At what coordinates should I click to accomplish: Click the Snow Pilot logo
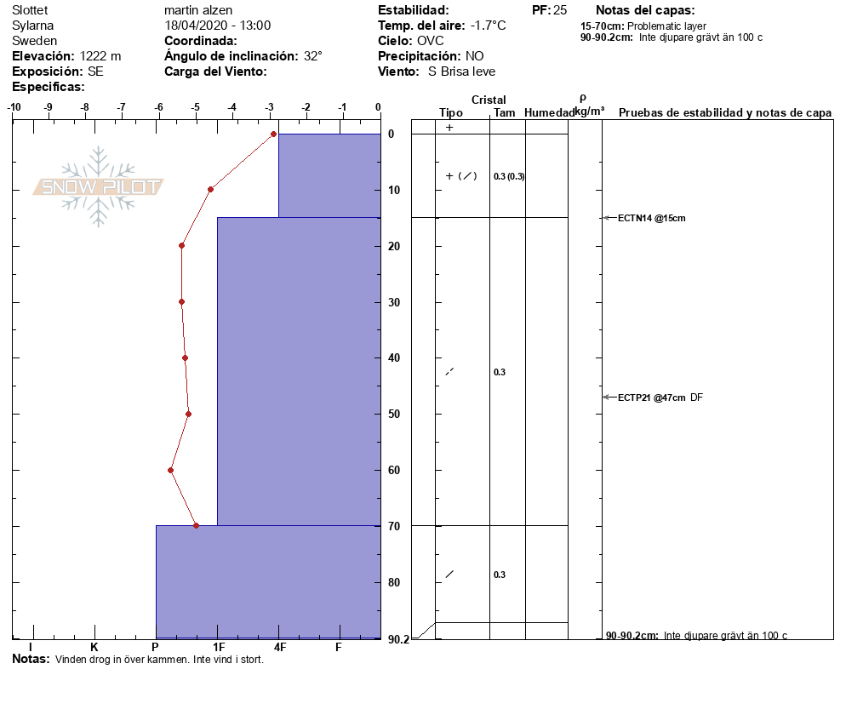click(x=99, y=186)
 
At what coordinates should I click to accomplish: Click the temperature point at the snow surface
click(x=273, y=134)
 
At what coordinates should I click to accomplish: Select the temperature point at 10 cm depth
click(x=210, y=189)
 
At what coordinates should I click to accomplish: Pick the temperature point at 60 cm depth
click(x=171, y=470)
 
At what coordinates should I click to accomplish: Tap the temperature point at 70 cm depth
click(x=197, y=525)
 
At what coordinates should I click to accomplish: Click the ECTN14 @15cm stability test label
click(x=651, y=218)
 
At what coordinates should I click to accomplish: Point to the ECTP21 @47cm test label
click(x=652, y=398)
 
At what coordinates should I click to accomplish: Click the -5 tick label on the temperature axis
click(x=196, y=107)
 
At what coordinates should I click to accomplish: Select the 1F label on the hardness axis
click(x=219, y=648)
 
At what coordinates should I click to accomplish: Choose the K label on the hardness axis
click(x=94, y=648)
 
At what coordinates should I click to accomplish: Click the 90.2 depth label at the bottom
click(x=398, y=639)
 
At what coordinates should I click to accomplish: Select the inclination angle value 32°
click(x=313, y=56)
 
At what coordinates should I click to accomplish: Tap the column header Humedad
click(x=549, y=113)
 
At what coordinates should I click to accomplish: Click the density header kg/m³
click(x=589, y=112)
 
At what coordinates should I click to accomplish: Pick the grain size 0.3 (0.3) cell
click(x=509, y=176)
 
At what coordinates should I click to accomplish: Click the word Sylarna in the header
click(x=33, y=26)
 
